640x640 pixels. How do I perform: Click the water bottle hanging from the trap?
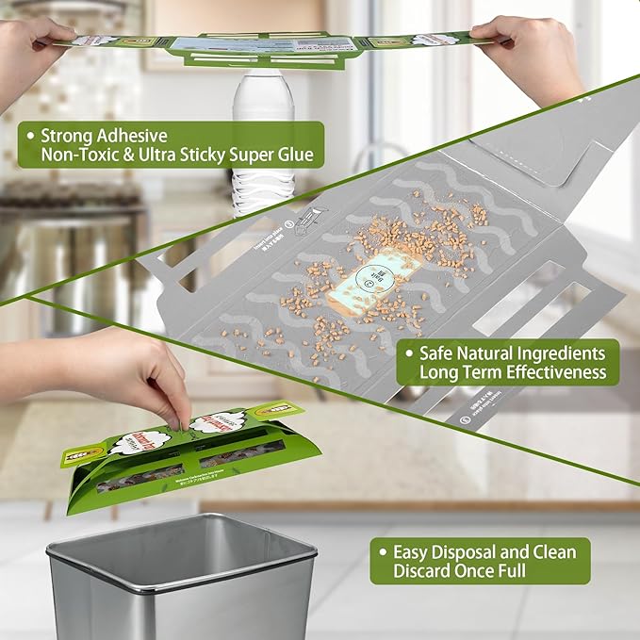pyautogui.click(x=250, y=141)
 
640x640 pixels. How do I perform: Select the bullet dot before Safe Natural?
pyautogui.click(x=408, y=353)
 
